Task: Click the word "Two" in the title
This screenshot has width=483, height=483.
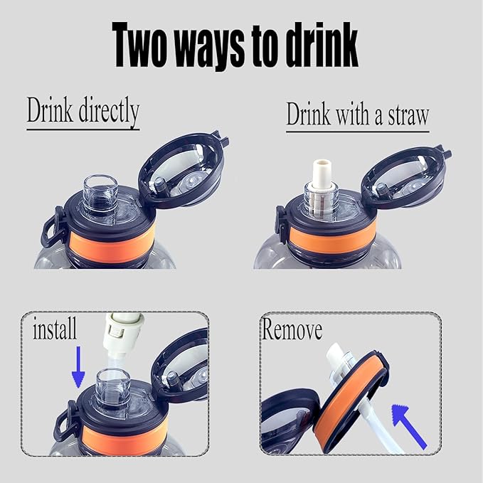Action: (138, 45)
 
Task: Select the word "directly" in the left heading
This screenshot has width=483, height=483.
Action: (109, 112)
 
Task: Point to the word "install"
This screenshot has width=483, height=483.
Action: (55, 328)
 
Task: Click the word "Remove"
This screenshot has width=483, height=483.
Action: (292, 329)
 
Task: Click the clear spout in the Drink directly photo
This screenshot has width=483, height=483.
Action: (100, 197)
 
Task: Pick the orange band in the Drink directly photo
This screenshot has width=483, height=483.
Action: (112, 243)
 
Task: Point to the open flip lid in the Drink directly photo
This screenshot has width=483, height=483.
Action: (185, 168)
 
